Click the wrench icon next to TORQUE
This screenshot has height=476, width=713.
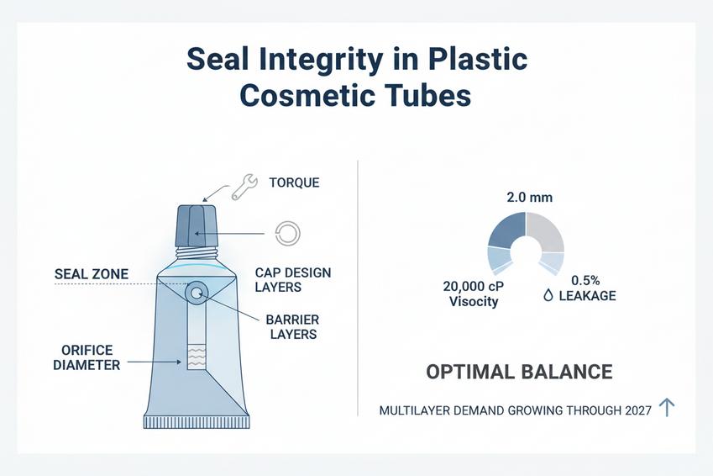click(x=244, y=187)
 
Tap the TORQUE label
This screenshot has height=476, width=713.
click(x=294, y=182)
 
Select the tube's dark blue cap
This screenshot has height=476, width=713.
click(x=197, y=226)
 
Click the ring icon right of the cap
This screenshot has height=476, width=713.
click(x=288, y=234)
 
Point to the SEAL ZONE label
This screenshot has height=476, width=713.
click(x=92, y=274)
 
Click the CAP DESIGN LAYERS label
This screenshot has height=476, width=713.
click(x=293, y=280)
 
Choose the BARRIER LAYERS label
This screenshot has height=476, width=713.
click(x=293, y=326)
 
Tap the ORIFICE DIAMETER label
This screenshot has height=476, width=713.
click(x=87, y=357)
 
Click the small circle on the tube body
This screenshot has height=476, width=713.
click(x=197, y=293)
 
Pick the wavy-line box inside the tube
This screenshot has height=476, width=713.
click(x=197, y=357)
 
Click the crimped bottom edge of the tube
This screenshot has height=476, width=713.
click(x=197, y=422)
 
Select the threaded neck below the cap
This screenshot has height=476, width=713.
click(x=197, y=253)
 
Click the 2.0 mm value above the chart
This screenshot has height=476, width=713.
click(x=530, y=198)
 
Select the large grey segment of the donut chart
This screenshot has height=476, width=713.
click(x=546, y=231)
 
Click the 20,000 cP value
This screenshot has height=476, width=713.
click(x=474, y=287)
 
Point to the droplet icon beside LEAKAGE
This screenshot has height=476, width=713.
click(x=548, y=296)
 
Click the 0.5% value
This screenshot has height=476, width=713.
click(x=585, y=281)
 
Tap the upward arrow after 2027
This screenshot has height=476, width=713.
click(x=667, y=407)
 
